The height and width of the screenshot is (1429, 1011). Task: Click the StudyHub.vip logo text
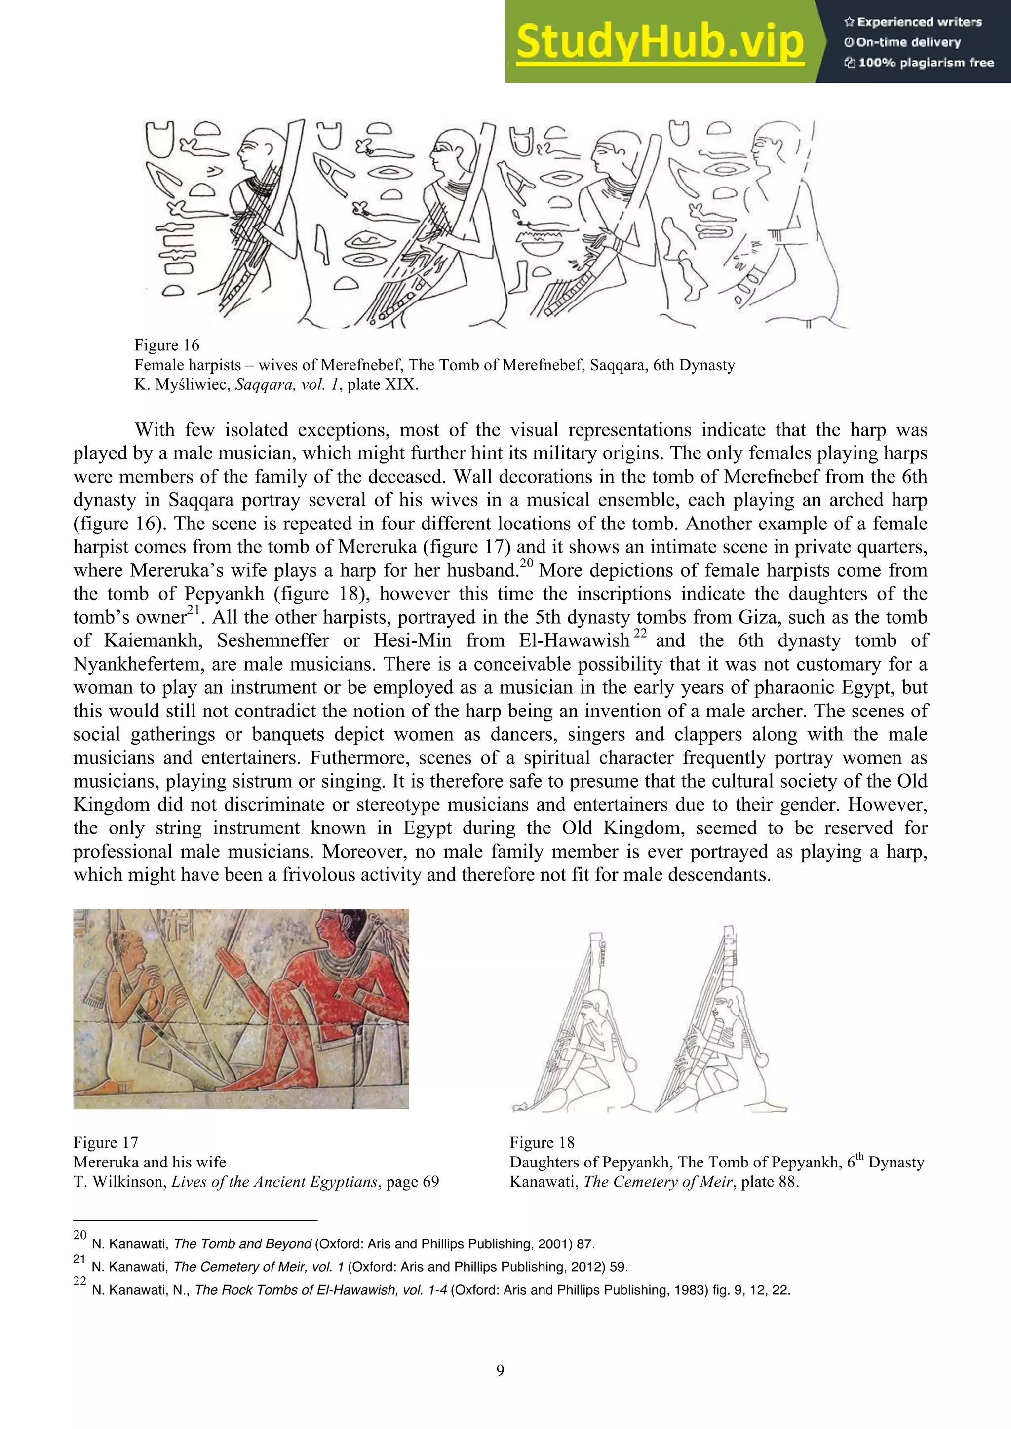coord(660,42)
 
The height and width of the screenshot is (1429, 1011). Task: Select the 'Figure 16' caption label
coord(167,345)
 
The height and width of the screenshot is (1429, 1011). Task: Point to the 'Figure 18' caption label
coord(542,1143)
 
